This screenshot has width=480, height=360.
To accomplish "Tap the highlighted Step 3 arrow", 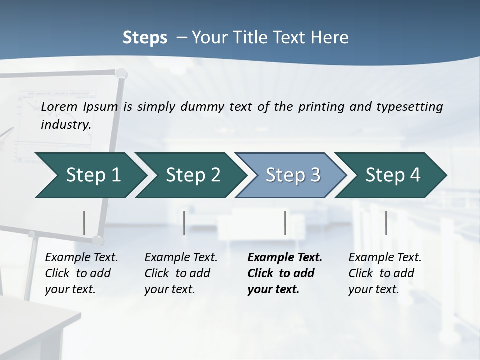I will [293, 175].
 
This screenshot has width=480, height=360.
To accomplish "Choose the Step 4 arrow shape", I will [393, 175].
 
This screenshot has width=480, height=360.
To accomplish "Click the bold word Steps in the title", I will [145, 37].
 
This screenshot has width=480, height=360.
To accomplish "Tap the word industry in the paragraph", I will [66, 124].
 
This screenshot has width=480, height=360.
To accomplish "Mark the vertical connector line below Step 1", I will [84, 223].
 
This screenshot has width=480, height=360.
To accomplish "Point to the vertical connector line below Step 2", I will [184, 223].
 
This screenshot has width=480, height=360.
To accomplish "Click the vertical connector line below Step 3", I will [285, 223].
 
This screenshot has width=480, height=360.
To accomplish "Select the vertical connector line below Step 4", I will [386, 223].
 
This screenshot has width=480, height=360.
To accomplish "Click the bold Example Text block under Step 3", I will [285, 273].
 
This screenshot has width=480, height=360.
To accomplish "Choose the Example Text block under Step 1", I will [81, 273].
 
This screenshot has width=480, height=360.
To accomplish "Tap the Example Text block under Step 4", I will [385, 273].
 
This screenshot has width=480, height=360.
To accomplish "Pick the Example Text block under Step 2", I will [181, 273].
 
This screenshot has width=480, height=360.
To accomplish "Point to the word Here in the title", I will [332, 37].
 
